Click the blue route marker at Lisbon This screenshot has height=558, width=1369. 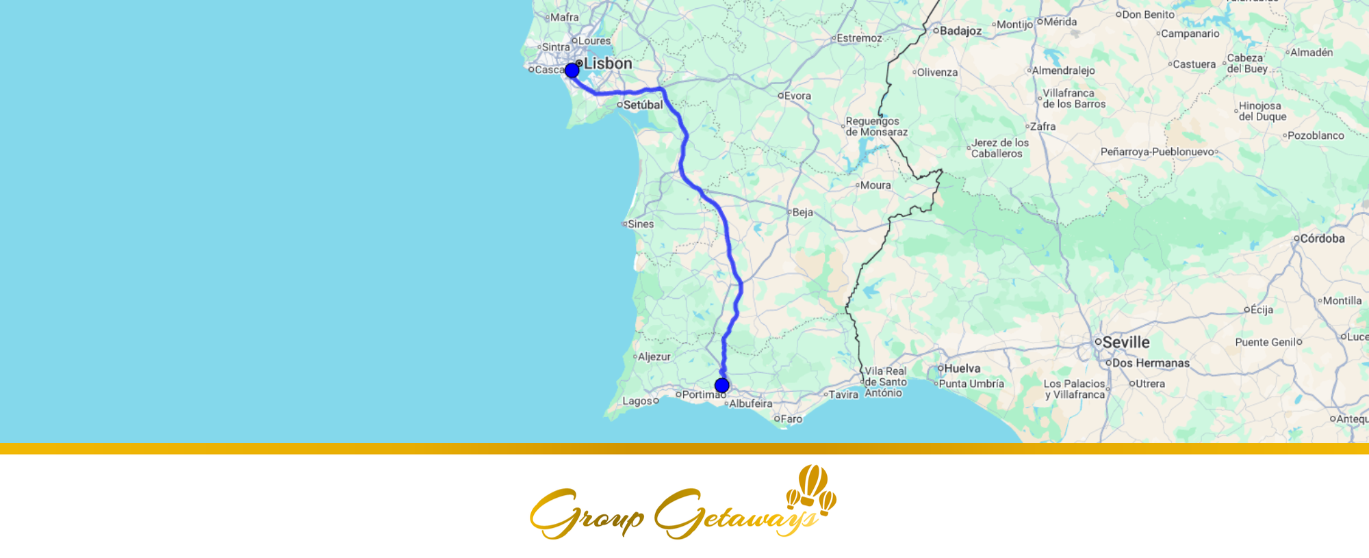(x=572, y=70)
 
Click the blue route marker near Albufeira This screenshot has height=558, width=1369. (x=721, y=386)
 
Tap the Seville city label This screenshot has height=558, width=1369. (x=1126, y=342)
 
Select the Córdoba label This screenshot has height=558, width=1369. (x=1322, y=239)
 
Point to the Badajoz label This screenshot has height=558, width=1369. (x=960, y=31)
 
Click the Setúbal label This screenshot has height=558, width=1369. (x=643, y=105)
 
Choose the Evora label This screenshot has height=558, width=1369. (x=797, y=96)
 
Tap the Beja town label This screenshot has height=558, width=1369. (x=802, y=213)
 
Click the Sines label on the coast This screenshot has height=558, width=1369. (x=641, y=224)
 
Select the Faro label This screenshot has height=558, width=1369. (x=791, y=419)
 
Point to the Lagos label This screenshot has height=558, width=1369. (x=637, y=401)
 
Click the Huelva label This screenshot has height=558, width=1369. (x=962, y=369)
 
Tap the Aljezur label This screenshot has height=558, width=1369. (x=654, y=357)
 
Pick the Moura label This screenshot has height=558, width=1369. (x=875, y=185)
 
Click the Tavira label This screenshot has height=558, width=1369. (x=843, y=395)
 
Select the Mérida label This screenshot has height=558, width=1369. (x=1060, y=22)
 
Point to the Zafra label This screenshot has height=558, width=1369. (x=1042, y=127)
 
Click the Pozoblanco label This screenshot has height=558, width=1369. (x=1316, y=135)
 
